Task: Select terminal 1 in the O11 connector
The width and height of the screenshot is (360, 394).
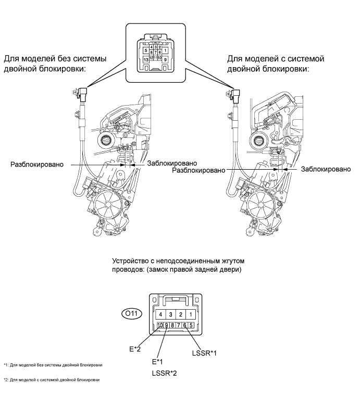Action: coord(191,314)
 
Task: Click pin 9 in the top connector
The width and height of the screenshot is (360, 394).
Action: coord(165,59)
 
